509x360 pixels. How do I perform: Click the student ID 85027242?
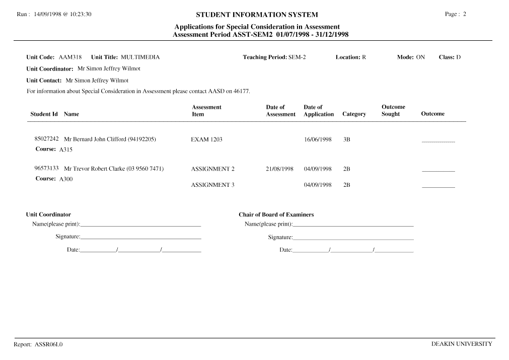coord(47,138)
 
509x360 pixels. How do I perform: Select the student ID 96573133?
coord(47,168)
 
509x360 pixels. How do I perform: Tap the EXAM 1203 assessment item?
coord(206,139)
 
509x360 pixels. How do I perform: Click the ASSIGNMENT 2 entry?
coord(212,169)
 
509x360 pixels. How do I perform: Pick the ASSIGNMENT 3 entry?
coord(212,185)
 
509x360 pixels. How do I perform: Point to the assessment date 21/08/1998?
coord(279,169)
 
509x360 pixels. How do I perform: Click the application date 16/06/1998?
coord(318,139)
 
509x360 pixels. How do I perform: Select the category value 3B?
coord(346,139)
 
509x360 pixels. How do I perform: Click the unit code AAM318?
coord(70,57)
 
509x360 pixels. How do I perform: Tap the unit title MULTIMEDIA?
coord(140,57)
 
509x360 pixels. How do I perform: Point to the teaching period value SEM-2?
coord(297,57)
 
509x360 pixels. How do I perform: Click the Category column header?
coord(354,114)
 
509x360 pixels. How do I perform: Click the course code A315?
coord(66,150)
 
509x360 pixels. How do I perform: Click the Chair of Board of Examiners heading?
coord(276,214)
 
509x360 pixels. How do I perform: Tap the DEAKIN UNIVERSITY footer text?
coord(461,344)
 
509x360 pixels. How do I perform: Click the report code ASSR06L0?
coord(48,345)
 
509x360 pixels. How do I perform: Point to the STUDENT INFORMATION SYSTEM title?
coord(257,15)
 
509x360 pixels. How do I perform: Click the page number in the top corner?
coord(464,14)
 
